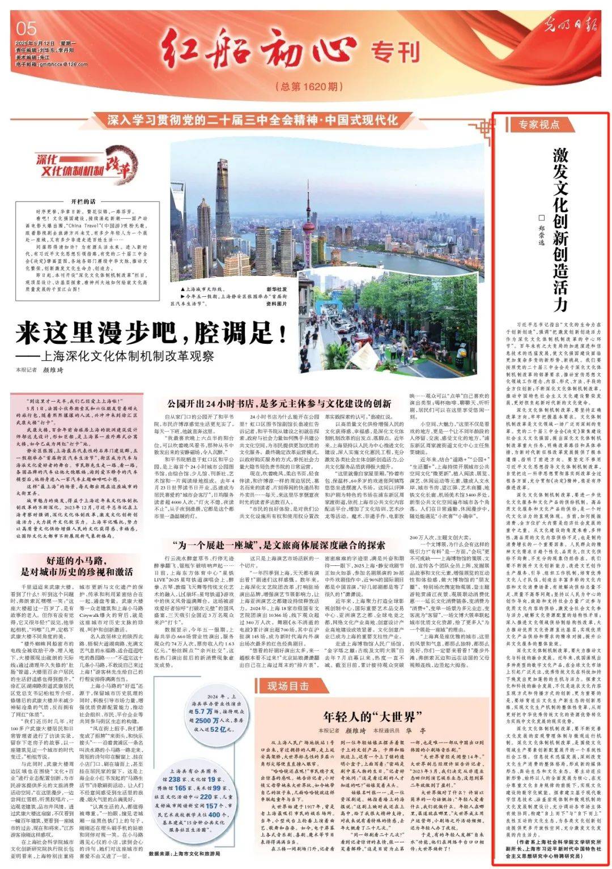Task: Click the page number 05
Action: point(27,28)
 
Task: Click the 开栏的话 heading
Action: point(83,201)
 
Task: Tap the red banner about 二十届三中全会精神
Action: point(252,120)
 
